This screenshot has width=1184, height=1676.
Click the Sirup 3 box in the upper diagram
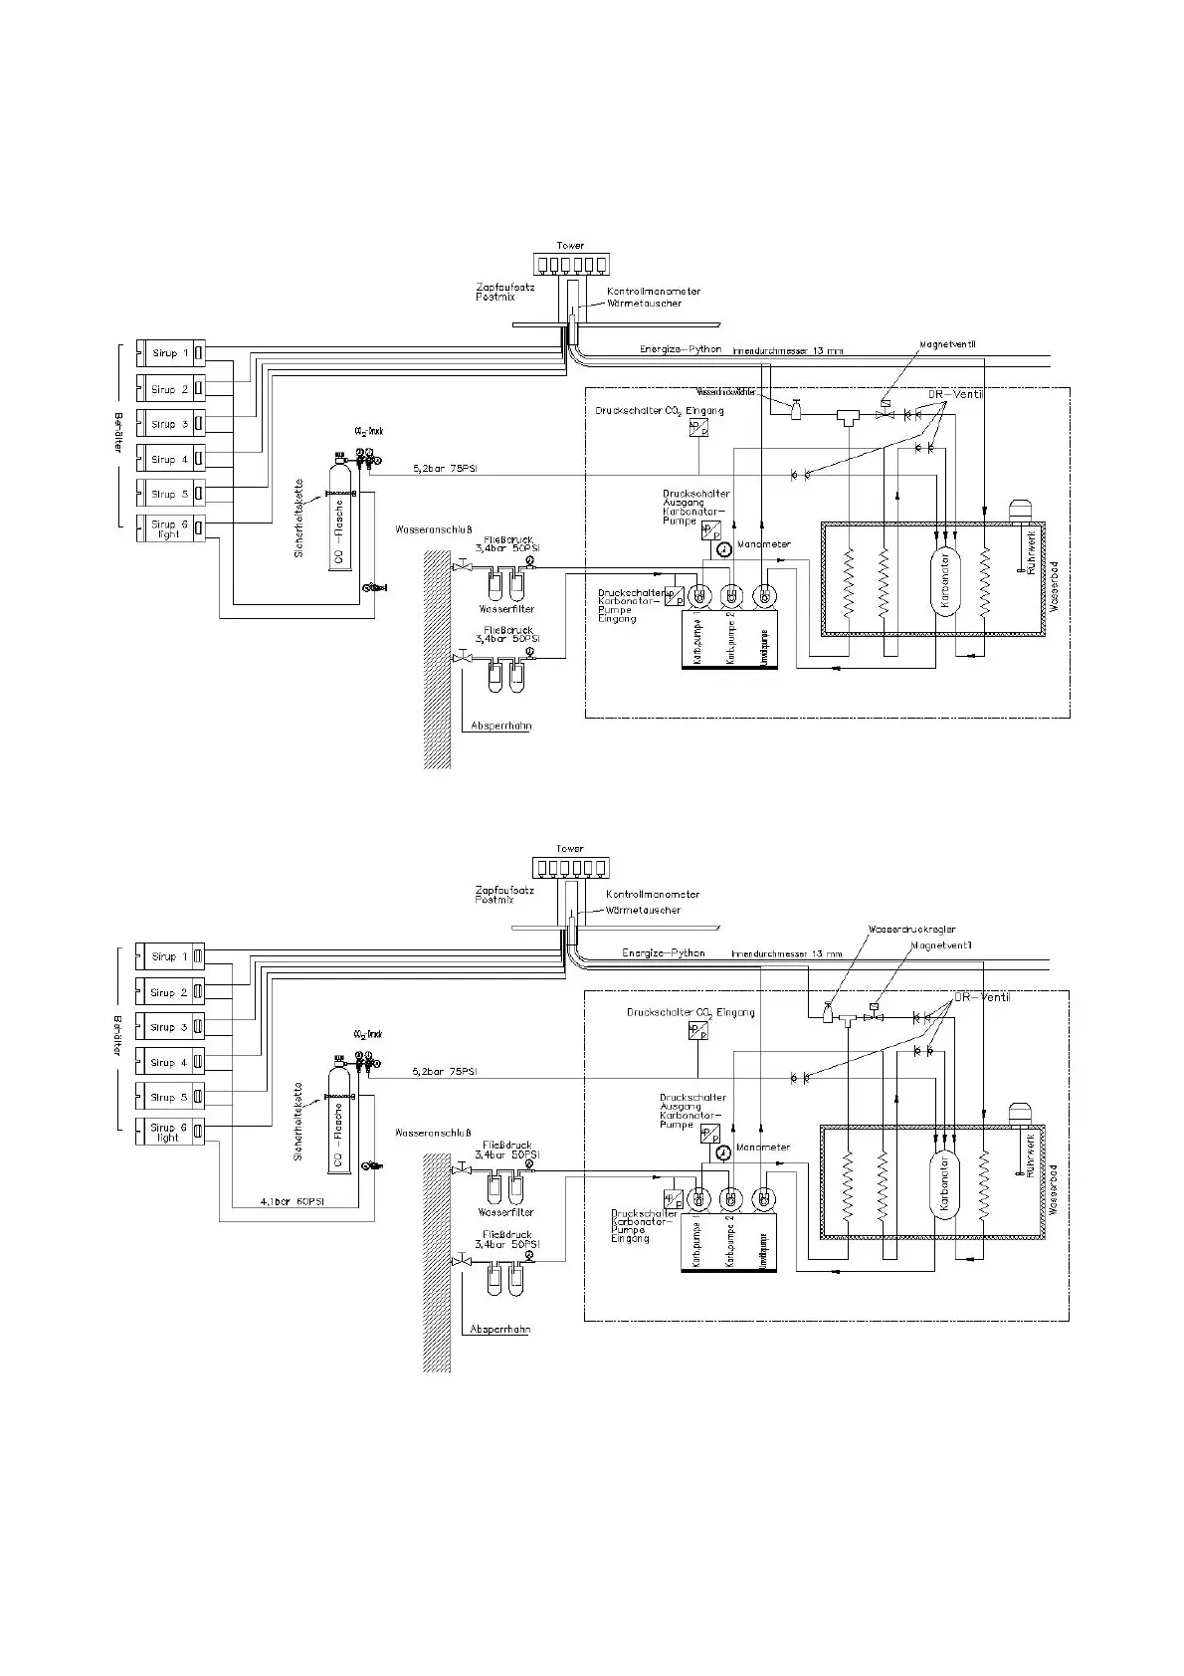(x=169, y=424)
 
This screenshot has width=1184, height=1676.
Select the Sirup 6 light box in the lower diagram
(x=169, y=1132)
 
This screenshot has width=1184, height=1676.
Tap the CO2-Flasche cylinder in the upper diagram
(x=339, y=518)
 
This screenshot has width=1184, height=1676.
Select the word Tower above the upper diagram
(x=570, y=245)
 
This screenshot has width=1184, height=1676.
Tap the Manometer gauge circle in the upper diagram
(x=722, y=548)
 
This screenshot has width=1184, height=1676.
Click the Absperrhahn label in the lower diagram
(x=500, y=1329)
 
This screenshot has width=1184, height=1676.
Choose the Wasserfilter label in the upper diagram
(x=506, y=608)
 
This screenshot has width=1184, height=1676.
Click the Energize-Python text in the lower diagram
(x=663, y=952)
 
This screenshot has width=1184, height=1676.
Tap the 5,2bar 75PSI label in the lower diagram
(x=444, y=1072)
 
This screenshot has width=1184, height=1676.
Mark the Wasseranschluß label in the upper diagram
(x=432, y=529)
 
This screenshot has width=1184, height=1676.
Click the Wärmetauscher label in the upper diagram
(x=644, y=303)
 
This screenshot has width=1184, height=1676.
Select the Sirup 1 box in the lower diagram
(x=169, y=956)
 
